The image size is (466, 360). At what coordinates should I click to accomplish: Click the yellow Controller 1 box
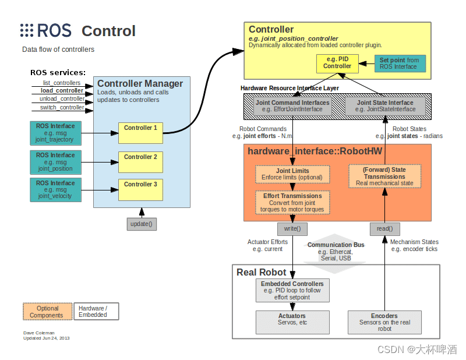pyautogui.click(x=140, y=133)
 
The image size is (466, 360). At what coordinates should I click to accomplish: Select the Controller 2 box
pyautogui.click(x=140, y=161)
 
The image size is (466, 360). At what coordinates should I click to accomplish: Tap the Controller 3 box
pyautogui.click(x=140, y=189)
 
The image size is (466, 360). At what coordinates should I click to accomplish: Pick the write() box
pyautogui.click(x=292, y=228)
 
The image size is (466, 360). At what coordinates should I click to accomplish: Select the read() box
pyautogui.click(x=384, y=228)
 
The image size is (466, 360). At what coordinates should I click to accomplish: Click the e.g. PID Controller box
pyautogui.click(x=337, y=63)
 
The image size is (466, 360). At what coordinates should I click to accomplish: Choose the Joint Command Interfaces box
pyautogui.click(x=292, y=106)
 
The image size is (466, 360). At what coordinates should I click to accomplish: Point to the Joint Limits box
pyautogui.click(x=292, y=174)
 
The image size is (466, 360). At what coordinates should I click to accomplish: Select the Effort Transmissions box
pyautogui.click(x=292, y=203)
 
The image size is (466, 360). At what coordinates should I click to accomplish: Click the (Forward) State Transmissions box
pyautogui.click(x=384, y=176)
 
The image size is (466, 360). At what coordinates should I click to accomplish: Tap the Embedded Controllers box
pyautogui.click(x=292, y=290)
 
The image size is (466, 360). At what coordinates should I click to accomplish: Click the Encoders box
pyautogui.click(x=384, y=322)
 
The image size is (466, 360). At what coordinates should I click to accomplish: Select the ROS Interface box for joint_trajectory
pyautogui.click(x=55, y=133)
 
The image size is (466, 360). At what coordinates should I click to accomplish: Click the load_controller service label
pyautogui.click(x=62, y=91)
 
